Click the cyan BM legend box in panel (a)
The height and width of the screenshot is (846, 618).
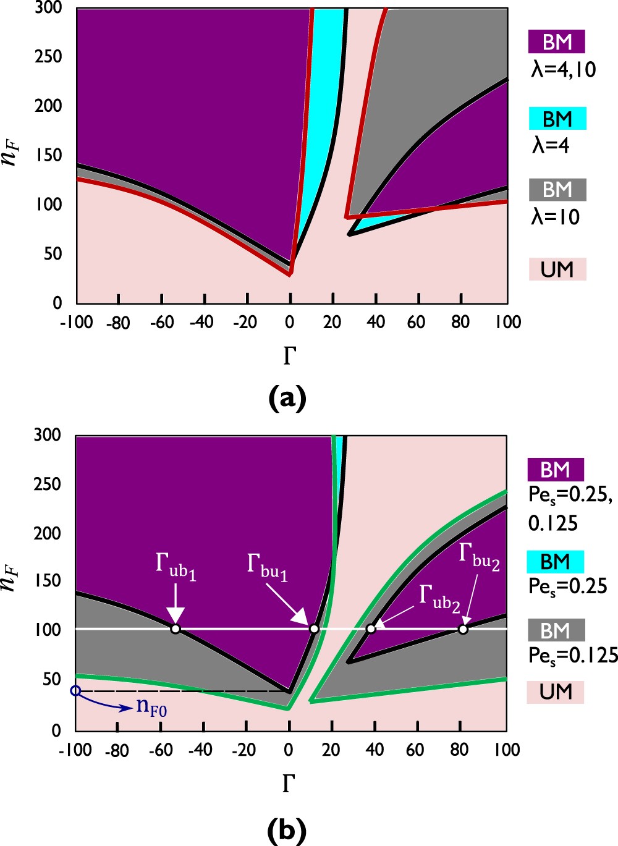pyautogui.click(x=557, y=119)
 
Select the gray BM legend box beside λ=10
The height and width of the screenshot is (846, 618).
pyautogui.click(x=557, y=190)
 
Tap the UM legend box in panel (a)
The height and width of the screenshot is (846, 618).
pyautogui.click(x=557, y=269)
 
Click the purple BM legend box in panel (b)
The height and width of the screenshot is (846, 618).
pyautogui.click(x=555, y=470)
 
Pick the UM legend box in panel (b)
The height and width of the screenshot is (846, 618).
pyautogui.click(x=555, y=692)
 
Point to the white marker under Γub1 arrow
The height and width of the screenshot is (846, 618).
pyautogui.click(x=176, y=629)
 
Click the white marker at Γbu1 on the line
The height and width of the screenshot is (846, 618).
pyautogui.click(x=314, y=629)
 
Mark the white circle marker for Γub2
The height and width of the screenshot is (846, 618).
pyautogui.click(x=371, y=629)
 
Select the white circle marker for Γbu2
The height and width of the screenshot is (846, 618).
pyautogui.click(x=463, y=629)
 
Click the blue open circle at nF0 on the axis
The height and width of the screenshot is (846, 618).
pyautogui.click(x=75, y=690)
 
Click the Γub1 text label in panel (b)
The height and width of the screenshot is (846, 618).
pyautogui.click(x=176, y=567)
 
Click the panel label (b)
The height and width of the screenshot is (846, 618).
pyautogui.click(x=287, y=830)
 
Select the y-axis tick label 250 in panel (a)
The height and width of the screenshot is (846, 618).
pyautogui.click(x=48, y=57)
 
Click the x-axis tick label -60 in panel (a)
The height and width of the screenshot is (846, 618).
pyautogui.click(x=161, y=323)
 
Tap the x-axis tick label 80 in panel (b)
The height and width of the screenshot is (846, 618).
pyautogui.click(x=459, y=750)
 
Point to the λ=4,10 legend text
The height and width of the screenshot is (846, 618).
pyautogui.click(x=563, y=70)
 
